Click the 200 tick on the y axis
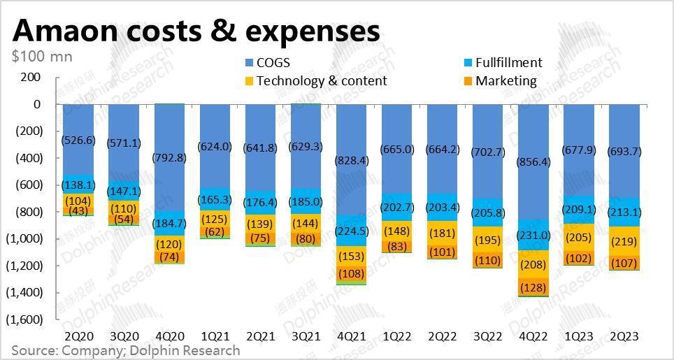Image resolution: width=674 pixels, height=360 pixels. click(x=30, y=77)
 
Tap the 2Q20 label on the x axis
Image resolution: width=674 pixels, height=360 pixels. click(x=78, y=336)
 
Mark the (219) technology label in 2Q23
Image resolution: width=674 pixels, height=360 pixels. click(x=624, y=241)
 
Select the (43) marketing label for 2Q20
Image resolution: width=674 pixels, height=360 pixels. click(x=78, y=211)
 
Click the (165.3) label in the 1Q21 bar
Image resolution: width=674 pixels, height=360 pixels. click(x=215, y=200)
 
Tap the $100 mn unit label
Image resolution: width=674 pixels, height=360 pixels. click(x=42, y=56)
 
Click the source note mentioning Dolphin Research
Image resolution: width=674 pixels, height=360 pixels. click(x=126, y=350)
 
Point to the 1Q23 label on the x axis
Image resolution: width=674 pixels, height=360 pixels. click(x=579, y=336)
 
